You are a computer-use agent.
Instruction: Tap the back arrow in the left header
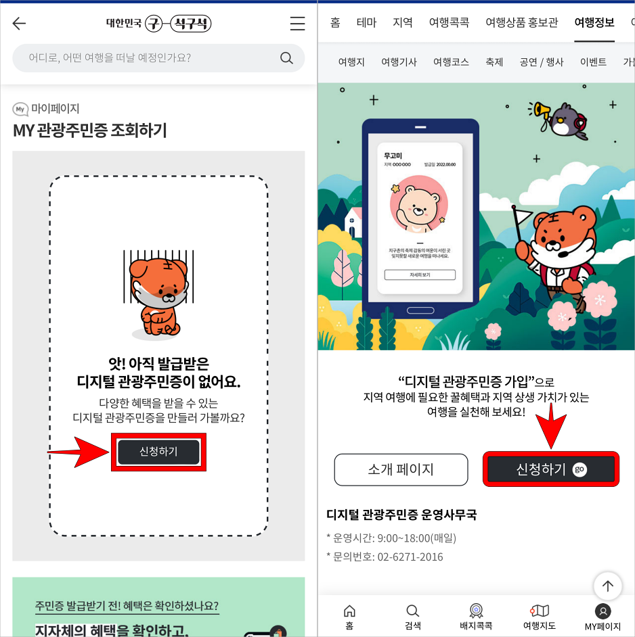[19, 24]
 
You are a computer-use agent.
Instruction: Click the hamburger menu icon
[297, 24]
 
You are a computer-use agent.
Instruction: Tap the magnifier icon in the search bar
[286, 58]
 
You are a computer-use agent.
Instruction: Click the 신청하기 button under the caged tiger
[158, 452]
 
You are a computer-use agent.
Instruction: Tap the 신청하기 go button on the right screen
[550, 469]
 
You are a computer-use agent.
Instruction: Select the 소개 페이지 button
[401, 469]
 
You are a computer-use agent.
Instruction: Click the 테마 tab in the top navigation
[366, 22]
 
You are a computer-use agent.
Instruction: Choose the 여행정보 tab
[594, 22]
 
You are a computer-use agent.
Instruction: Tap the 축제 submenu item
[494, 62]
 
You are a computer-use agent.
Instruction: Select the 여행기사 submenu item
[399, 62]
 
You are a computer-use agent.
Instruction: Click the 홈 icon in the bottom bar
[349, 616]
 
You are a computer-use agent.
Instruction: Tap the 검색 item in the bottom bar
[412, 616]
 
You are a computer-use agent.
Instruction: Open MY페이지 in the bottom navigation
[603, 616]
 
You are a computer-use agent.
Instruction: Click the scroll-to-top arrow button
[607, 586]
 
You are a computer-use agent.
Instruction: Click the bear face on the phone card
[418, 206]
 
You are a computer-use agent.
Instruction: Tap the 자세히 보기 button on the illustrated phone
[420, 275]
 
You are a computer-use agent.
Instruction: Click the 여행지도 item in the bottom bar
[539, 616]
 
